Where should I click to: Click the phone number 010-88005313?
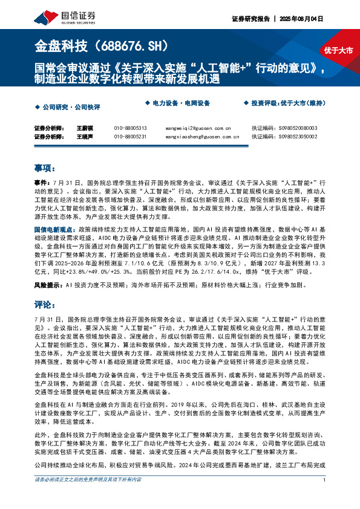pos(130,128)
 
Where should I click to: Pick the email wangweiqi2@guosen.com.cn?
pos(198,128)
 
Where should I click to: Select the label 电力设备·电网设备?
pos(180,103)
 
